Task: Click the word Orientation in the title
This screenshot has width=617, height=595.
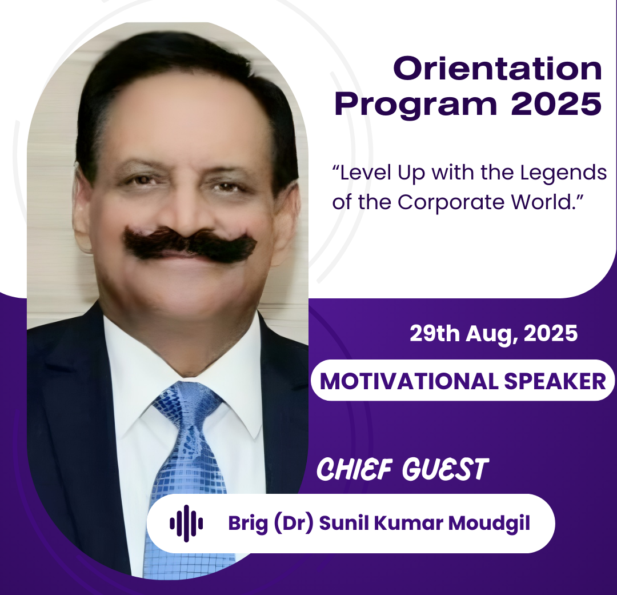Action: click(x=498, y=69)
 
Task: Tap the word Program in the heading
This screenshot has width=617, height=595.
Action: click(x=416, y=105)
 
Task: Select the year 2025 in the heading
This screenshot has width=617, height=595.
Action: click(x=556, y=103)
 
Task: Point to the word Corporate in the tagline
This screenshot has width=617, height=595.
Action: click(x=451, y=202)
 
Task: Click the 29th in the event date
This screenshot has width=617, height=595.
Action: click(x=435, y=334)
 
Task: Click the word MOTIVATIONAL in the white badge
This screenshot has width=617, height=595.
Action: click(x=409, y=381)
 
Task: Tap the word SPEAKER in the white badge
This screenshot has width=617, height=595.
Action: click(x=555, y=381)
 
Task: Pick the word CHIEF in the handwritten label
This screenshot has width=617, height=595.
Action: click(x=355, y=469)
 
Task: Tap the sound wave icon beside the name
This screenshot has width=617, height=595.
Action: click(x=186, y=524)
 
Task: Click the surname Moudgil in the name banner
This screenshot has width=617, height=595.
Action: click(x=489, y=524)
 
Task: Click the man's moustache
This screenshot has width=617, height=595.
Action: click(x=190, y=243)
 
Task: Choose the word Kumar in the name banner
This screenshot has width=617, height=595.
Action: click(x=408, y=523)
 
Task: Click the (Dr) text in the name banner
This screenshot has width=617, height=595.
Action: click(x=293, y=524)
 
